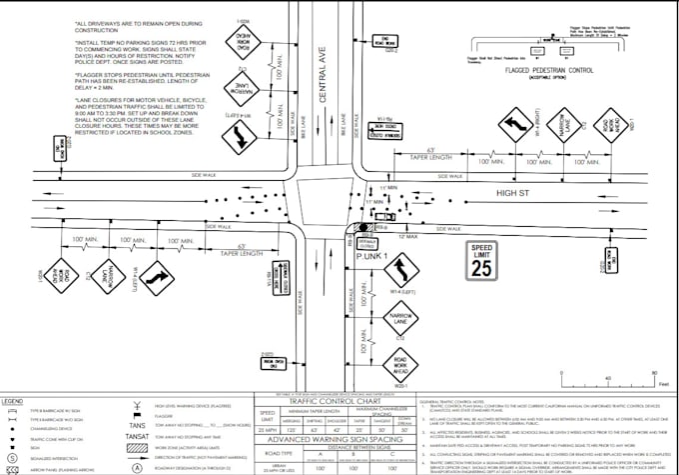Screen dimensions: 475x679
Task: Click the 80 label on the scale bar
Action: (x=655, y=371)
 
